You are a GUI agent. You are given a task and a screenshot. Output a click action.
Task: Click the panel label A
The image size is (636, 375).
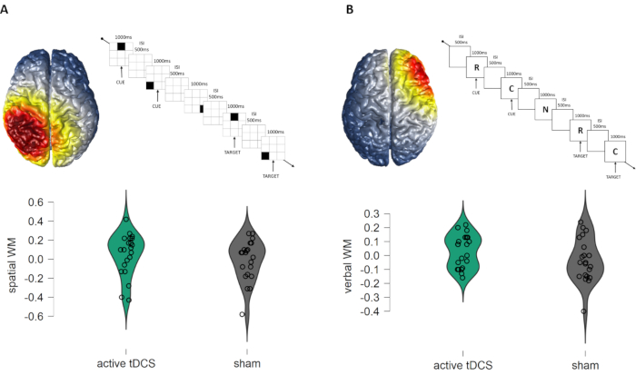7,9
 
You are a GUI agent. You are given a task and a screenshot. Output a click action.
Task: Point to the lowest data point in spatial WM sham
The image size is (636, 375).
242,314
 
